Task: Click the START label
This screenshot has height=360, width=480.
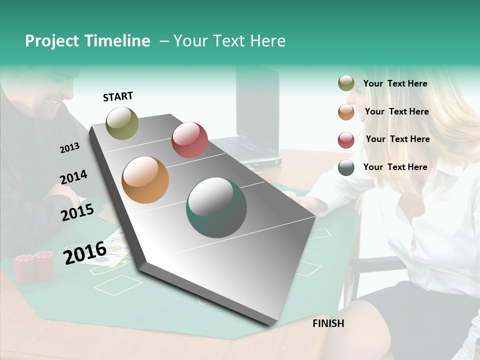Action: pos(118,96)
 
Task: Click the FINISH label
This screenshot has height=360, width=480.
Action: pos(328,323)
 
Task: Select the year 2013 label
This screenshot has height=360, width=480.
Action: pos(69,148)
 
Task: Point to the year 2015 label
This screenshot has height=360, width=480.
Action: pos(77,212)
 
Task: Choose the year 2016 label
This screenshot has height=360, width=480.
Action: pos(85,252)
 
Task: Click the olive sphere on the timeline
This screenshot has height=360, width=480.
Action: pos(122,123)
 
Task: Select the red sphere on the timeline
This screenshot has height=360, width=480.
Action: pos(189,139)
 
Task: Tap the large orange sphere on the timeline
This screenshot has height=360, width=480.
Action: pos(145,180)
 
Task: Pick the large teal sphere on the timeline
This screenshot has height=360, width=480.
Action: pos(216,207)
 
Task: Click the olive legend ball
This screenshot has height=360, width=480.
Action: pos(346,83)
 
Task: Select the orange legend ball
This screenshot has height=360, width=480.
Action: pos(346,112)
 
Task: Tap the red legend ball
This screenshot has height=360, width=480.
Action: pos(346,140)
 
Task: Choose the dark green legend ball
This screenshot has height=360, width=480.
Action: pos(346,167)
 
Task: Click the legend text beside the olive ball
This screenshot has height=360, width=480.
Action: pos(395,83)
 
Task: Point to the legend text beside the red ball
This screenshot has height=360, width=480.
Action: pos(397,139)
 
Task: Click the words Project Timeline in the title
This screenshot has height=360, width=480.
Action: pos(87,41)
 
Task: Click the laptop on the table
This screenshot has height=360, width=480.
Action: pos(255,120)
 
